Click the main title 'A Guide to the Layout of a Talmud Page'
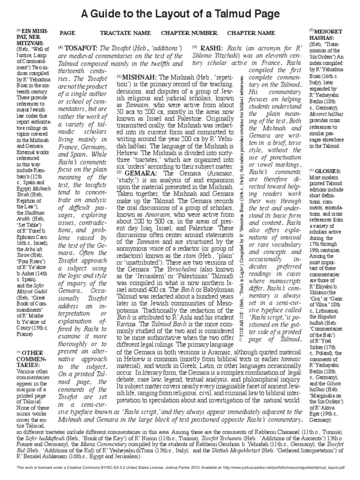pos(180,13)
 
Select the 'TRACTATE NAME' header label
pos(125,33)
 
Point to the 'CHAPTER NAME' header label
pos(251,33)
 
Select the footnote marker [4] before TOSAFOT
pos(61,48)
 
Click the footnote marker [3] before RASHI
pos(195,48)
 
